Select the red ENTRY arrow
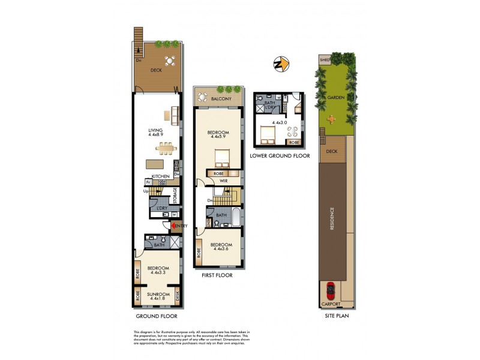click(175, 226)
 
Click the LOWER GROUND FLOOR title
click(281, 155)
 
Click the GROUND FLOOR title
click(156, 315)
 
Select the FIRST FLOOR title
click(217, 275)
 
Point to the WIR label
click(222, 180)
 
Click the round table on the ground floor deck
click(170, 60)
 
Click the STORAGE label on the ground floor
click(175, 196)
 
